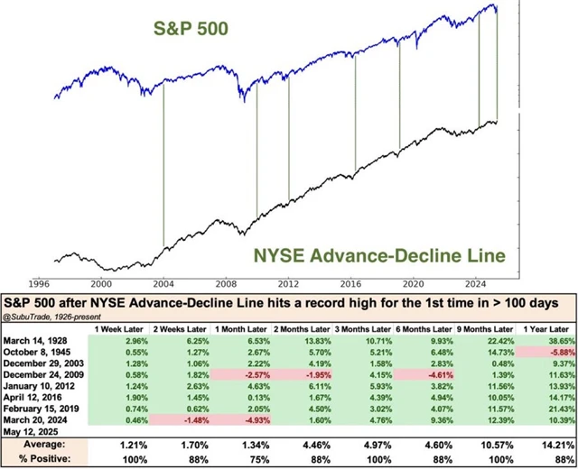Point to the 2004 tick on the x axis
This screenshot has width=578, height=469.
pos(163,281)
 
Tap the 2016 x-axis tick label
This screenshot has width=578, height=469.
pos(355,281)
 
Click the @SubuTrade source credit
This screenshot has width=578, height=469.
pos(36,316)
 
